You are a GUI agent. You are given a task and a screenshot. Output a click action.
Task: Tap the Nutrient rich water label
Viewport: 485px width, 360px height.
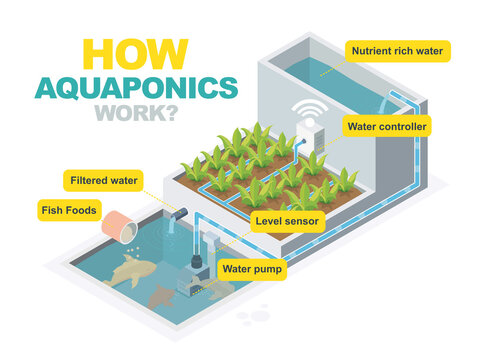click(398, 49)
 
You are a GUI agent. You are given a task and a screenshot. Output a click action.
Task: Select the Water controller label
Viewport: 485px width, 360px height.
click(387, 127)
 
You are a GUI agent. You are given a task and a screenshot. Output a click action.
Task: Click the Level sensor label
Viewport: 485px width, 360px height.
click(286, 217)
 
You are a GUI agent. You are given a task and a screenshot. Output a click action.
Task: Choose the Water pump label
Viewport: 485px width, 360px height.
click(252, 268)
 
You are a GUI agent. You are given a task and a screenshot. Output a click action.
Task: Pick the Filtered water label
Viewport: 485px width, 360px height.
click(103, 180)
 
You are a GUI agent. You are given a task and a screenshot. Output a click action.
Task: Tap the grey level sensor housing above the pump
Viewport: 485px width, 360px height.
click(210, 241)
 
